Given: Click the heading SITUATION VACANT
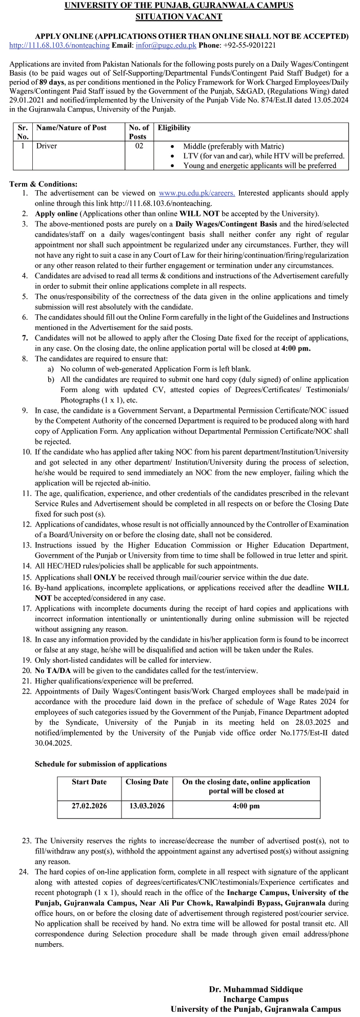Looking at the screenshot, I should click(x=178, y=16).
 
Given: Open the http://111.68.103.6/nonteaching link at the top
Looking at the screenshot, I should click(x=59, y=45).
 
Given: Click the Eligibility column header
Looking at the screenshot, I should click(x=174, y=128).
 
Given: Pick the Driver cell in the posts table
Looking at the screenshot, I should click(x=47, y=146).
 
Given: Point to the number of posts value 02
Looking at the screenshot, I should click(x=139, y=146).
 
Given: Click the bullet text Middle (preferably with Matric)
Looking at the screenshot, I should click(x=233, y=147).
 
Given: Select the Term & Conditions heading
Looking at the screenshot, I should click(x=44, y=184).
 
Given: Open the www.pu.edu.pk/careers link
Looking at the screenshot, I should click(x=197, y=193).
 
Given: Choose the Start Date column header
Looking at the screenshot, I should click(x=89, y=782).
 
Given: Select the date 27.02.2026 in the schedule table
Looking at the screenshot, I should click(x=89, y=806).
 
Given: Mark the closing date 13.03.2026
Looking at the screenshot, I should click(x=147, y=806).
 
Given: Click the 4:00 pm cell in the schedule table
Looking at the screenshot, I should click(x=246, y=806).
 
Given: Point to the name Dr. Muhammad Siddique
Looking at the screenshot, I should click(x=256, y=989).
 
